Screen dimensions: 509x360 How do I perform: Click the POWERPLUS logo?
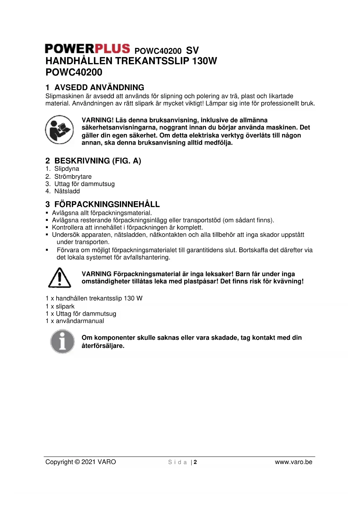click(x=87, y=49)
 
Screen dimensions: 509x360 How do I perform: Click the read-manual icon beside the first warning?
click(x=59, y=129)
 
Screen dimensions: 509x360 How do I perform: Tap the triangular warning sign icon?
click(x=59, y=278)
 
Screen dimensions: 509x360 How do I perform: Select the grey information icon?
click(x=62, y=341)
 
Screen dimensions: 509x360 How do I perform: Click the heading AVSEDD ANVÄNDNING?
click(x=99, y=87)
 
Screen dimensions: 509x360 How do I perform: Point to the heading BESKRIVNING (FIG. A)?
click(x=97, y=161)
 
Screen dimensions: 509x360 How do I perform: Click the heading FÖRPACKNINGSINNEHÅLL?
click(x=107, y=204)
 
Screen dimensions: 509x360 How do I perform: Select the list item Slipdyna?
click(x=66, y=169)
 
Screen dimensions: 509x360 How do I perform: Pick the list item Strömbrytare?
click(x=73, y=177)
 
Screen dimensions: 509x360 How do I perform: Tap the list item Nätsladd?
click(x=67, y=191)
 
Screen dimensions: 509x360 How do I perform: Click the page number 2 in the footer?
click(x=196, y=462)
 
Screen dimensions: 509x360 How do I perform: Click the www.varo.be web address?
click(x=294, y=462)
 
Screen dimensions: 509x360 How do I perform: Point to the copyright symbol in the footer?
click(x=77, y=462)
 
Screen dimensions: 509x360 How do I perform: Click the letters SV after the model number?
click(x=192, y=50)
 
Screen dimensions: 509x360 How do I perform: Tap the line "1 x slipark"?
click(x=60, y=306)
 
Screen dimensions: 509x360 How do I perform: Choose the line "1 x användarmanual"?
click(x=75, y=321)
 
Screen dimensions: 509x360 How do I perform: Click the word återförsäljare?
click(x=103, y=346)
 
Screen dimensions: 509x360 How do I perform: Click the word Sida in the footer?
click(x=177, y=462)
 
